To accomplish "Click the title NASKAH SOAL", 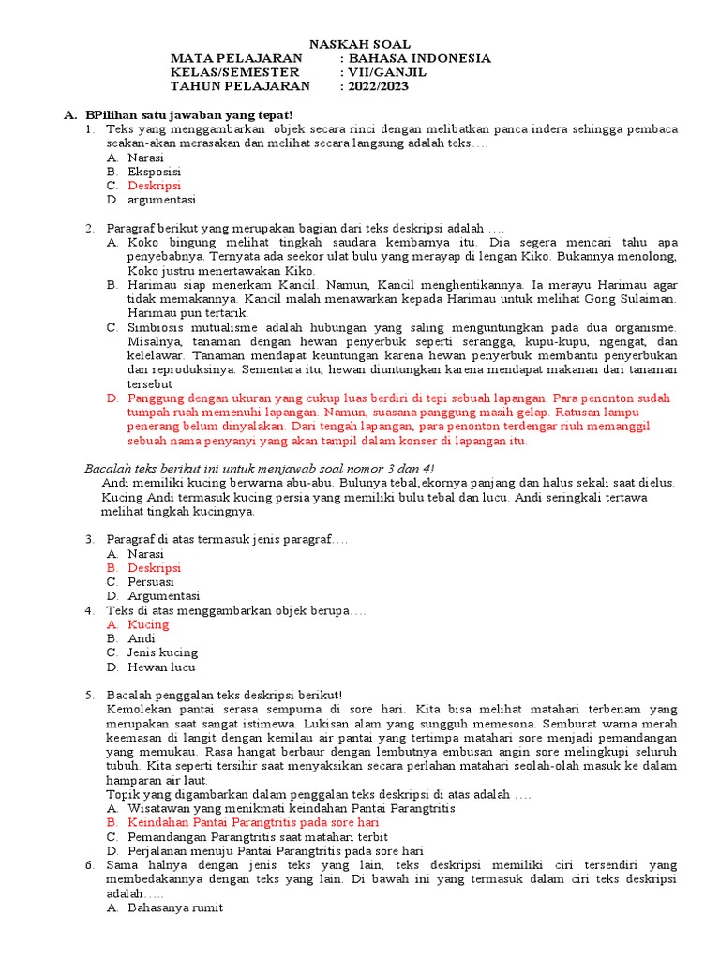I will pos(360,44).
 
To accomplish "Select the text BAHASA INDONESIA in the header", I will pos(420,58).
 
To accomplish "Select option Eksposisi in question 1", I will pos(155,172).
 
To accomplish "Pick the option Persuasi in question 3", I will pos(153,581).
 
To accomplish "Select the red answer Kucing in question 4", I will pos(148,624).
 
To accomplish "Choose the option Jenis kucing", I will pos(162,652).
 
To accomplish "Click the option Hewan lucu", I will pos(162,667).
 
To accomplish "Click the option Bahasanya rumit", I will pos(175,907).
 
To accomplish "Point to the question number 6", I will pos(89,865).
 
